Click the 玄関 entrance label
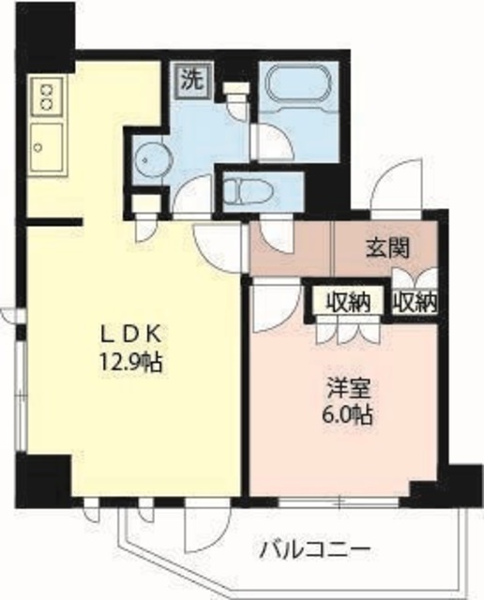(386, 248)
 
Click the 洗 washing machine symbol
(191, 80)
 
